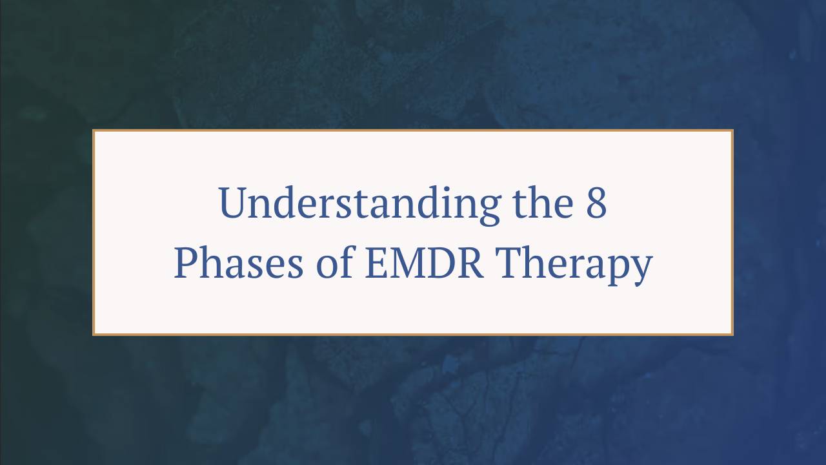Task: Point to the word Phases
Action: pos(238,264)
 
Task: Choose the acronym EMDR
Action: pos(424,264)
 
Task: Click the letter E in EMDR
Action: pos(376,264)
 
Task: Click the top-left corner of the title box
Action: pos(94,130)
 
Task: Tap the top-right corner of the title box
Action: pos(732,130)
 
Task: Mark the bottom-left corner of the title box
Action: pos(94,335)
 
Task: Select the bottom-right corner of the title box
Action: pos(732,335)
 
